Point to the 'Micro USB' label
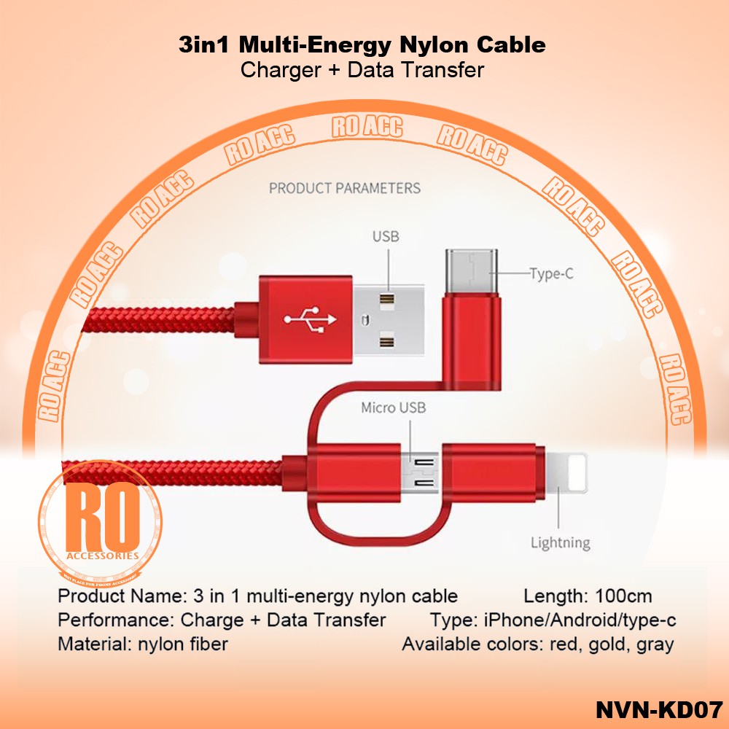pyautogui.click(x=393, y=408)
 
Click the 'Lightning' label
pyautogui.click(x=560, y=543)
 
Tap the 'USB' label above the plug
pyautogui.click(x=386, y=236)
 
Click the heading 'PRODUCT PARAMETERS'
pyautogui.click(x=345, y=188)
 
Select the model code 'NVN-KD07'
pyautogui.click(x=658, y=709)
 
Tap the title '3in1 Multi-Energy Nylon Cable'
pyautogui.click(x=362, y=45)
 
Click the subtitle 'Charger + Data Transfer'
pyautogui.click(x=362, y=70)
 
